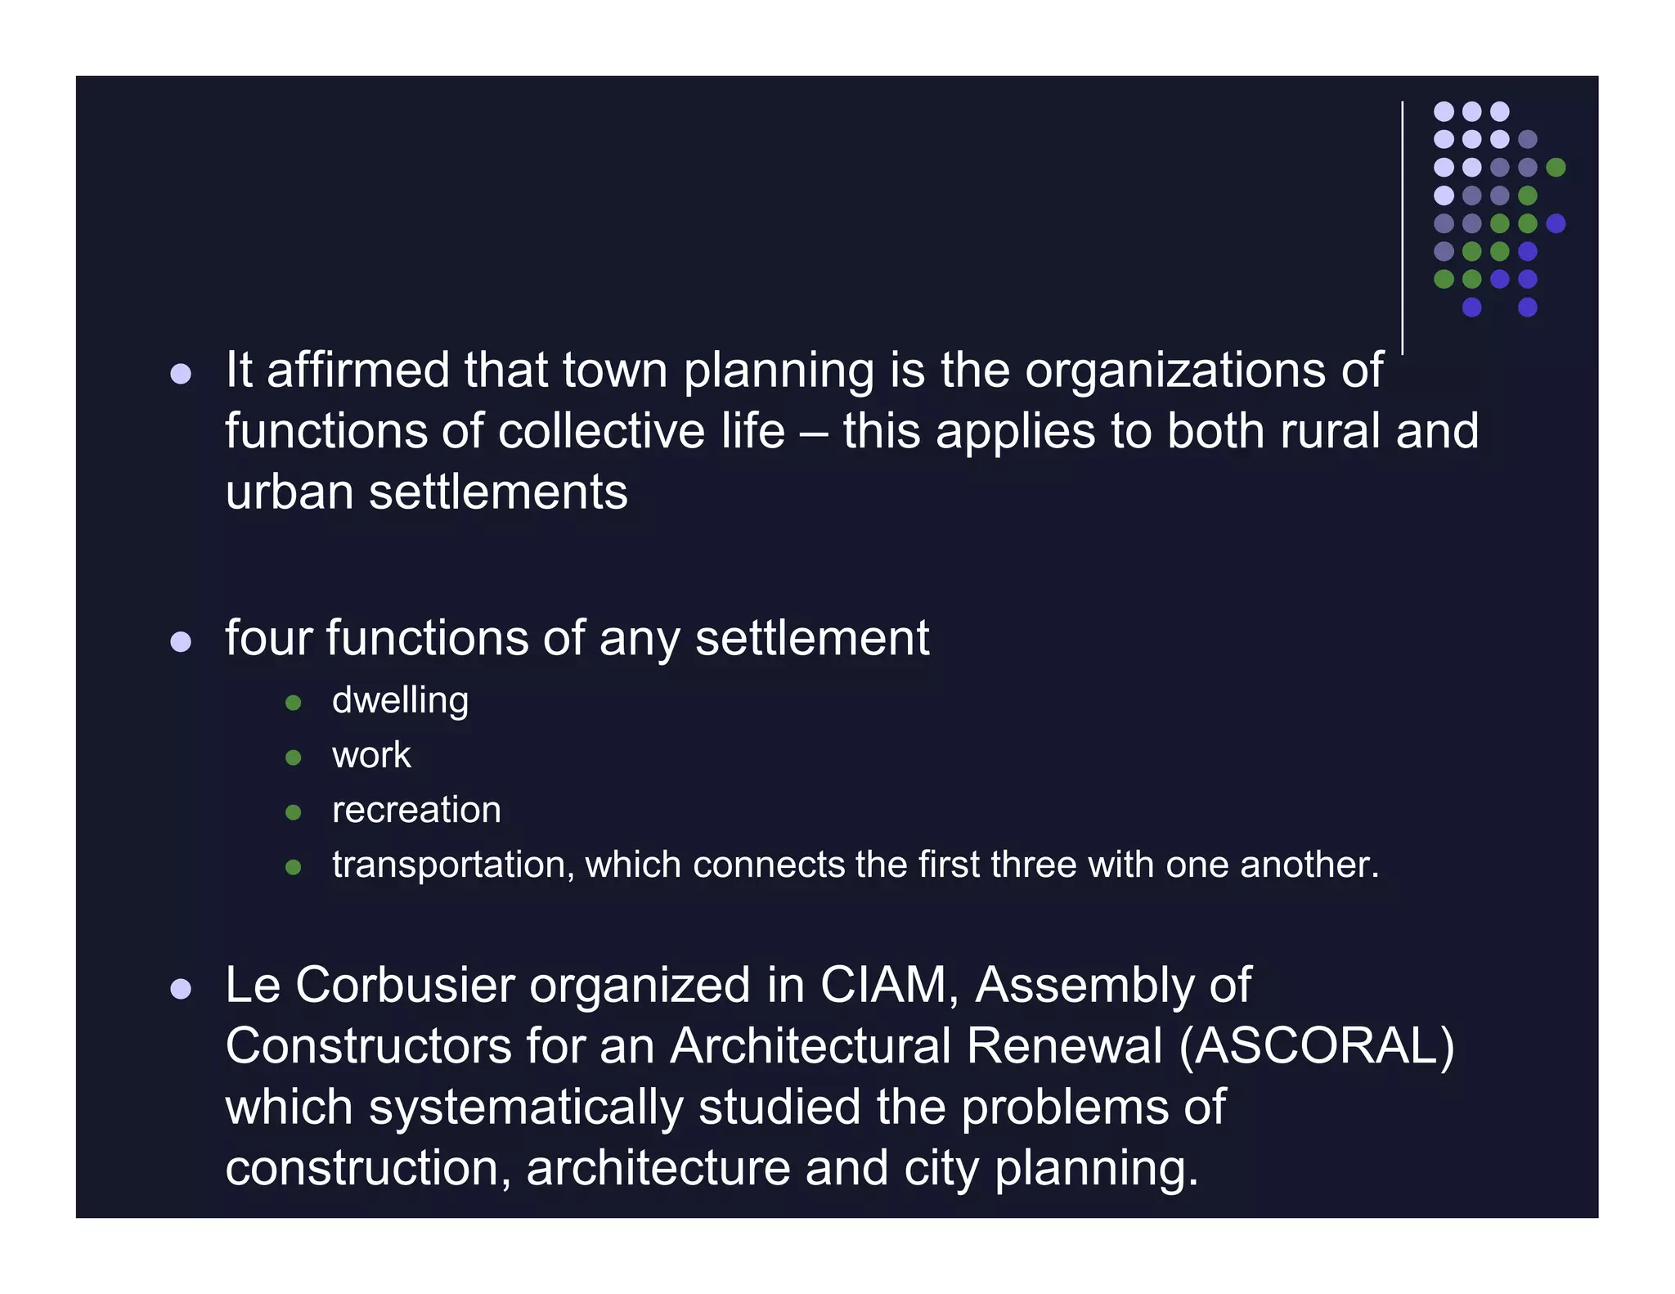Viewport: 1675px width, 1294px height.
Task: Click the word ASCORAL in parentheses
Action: click(1316, 1046)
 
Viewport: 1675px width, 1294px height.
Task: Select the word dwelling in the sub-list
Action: click(400, 701)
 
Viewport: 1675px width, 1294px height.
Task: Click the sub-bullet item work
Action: click(371, 755)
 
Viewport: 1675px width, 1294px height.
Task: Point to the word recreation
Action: click(416, 810)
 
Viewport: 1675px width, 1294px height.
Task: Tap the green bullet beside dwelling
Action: click(294, 703)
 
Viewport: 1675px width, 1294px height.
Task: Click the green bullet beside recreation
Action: click(294, 812)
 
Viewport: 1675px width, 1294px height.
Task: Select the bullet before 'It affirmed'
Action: click(181, 375)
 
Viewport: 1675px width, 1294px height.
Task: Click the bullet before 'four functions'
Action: click(181, 642)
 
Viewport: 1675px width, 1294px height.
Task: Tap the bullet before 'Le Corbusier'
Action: click(181, 990)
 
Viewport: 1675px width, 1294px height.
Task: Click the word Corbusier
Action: click(404, 985)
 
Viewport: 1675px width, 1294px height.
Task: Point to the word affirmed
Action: click(357, 370)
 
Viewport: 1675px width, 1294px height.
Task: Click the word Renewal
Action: click(1064, 1046)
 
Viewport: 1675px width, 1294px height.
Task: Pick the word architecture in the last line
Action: click(658, 1168)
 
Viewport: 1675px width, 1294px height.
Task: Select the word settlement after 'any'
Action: click(812, 638)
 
